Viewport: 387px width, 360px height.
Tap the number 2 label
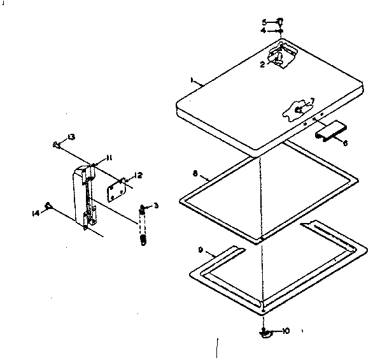coord(262,64)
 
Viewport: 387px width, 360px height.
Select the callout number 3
coord(156,205)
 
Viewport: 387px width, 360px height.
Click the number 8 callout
coord(195,172)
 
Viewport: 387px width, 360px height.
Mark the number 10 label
coord(286,331)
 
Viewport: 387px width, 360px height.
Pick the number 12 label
coord(139,175)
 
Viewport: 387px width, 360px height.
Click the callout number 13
coord(71,138)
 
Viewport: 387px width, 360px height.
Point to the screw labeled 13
coord(57,145)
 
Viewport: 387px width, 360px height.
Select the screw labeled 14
coord(48,205)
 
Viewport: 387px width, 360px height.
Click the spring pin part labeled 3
coord(143,223)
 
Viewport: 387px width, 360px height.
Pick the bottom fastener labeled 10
coord(266,331)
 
